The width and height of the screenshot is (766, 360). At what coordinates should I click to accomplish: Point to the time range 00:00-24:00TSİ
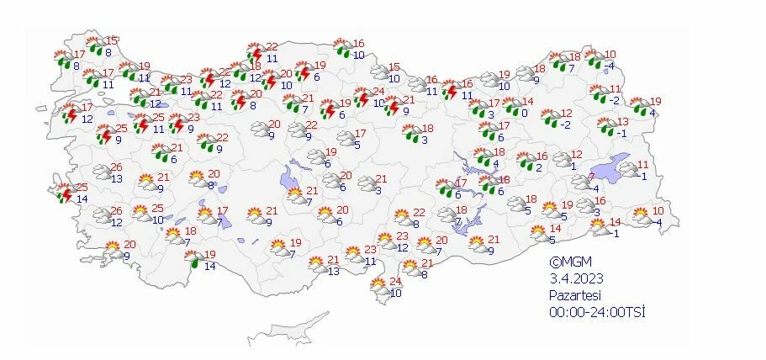click(x=598, y=312)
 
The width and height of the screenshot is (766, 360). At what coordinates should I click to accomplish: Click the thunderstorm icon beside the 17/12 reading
click(x=70, y=112)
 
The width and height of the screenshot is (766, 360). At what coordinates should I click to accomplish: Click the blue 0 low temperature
click(x=524, y=114)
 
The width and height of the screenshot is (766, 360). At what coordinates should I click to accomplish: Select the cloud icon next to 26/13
click(x=103, y=173)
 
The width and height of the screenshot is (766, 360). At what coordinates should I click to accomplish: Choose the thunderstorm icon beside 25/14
click(x=65, y=193)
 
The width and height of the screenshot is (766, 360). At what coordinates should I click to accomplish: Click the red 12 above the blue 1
click(x=576, y=155)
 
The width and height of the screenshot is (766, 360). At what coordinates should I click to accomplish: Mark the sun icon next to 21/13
click(x=316, y=265)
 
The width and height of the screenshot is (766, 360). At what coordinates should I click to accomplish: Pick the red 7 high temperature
click(x=591, y=177)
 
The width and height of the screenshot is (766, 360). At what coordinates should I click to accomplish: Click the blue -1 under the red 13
click(x=621, y=134)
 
